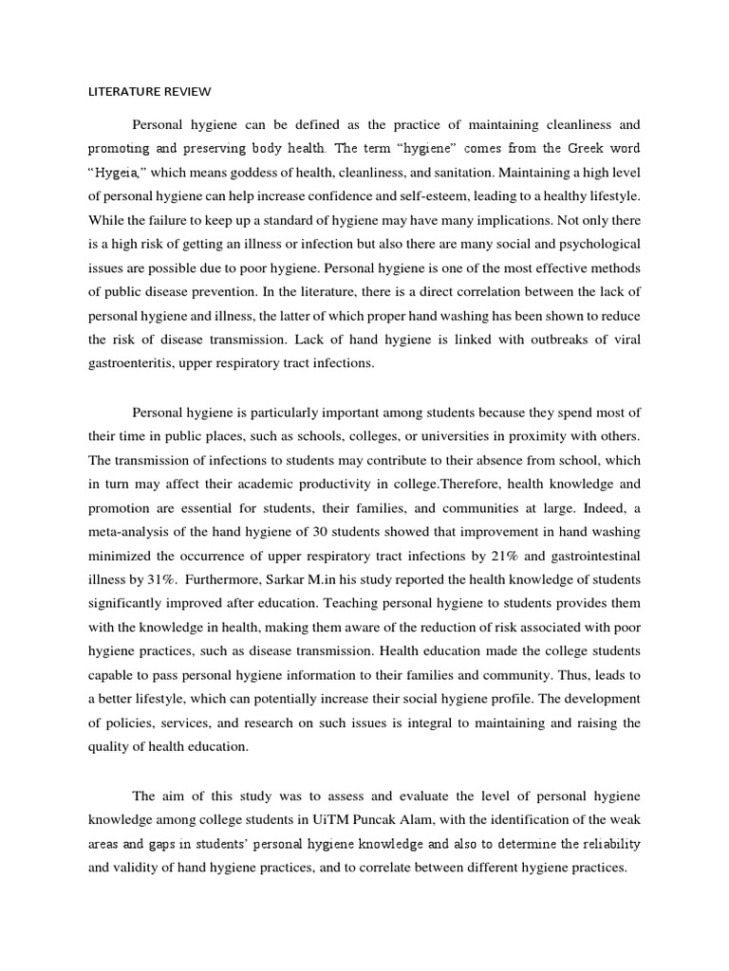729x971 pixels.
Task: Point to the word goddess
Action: coord(264,174)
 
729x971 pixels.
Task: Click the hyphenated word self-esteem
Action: coord(440,197)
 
